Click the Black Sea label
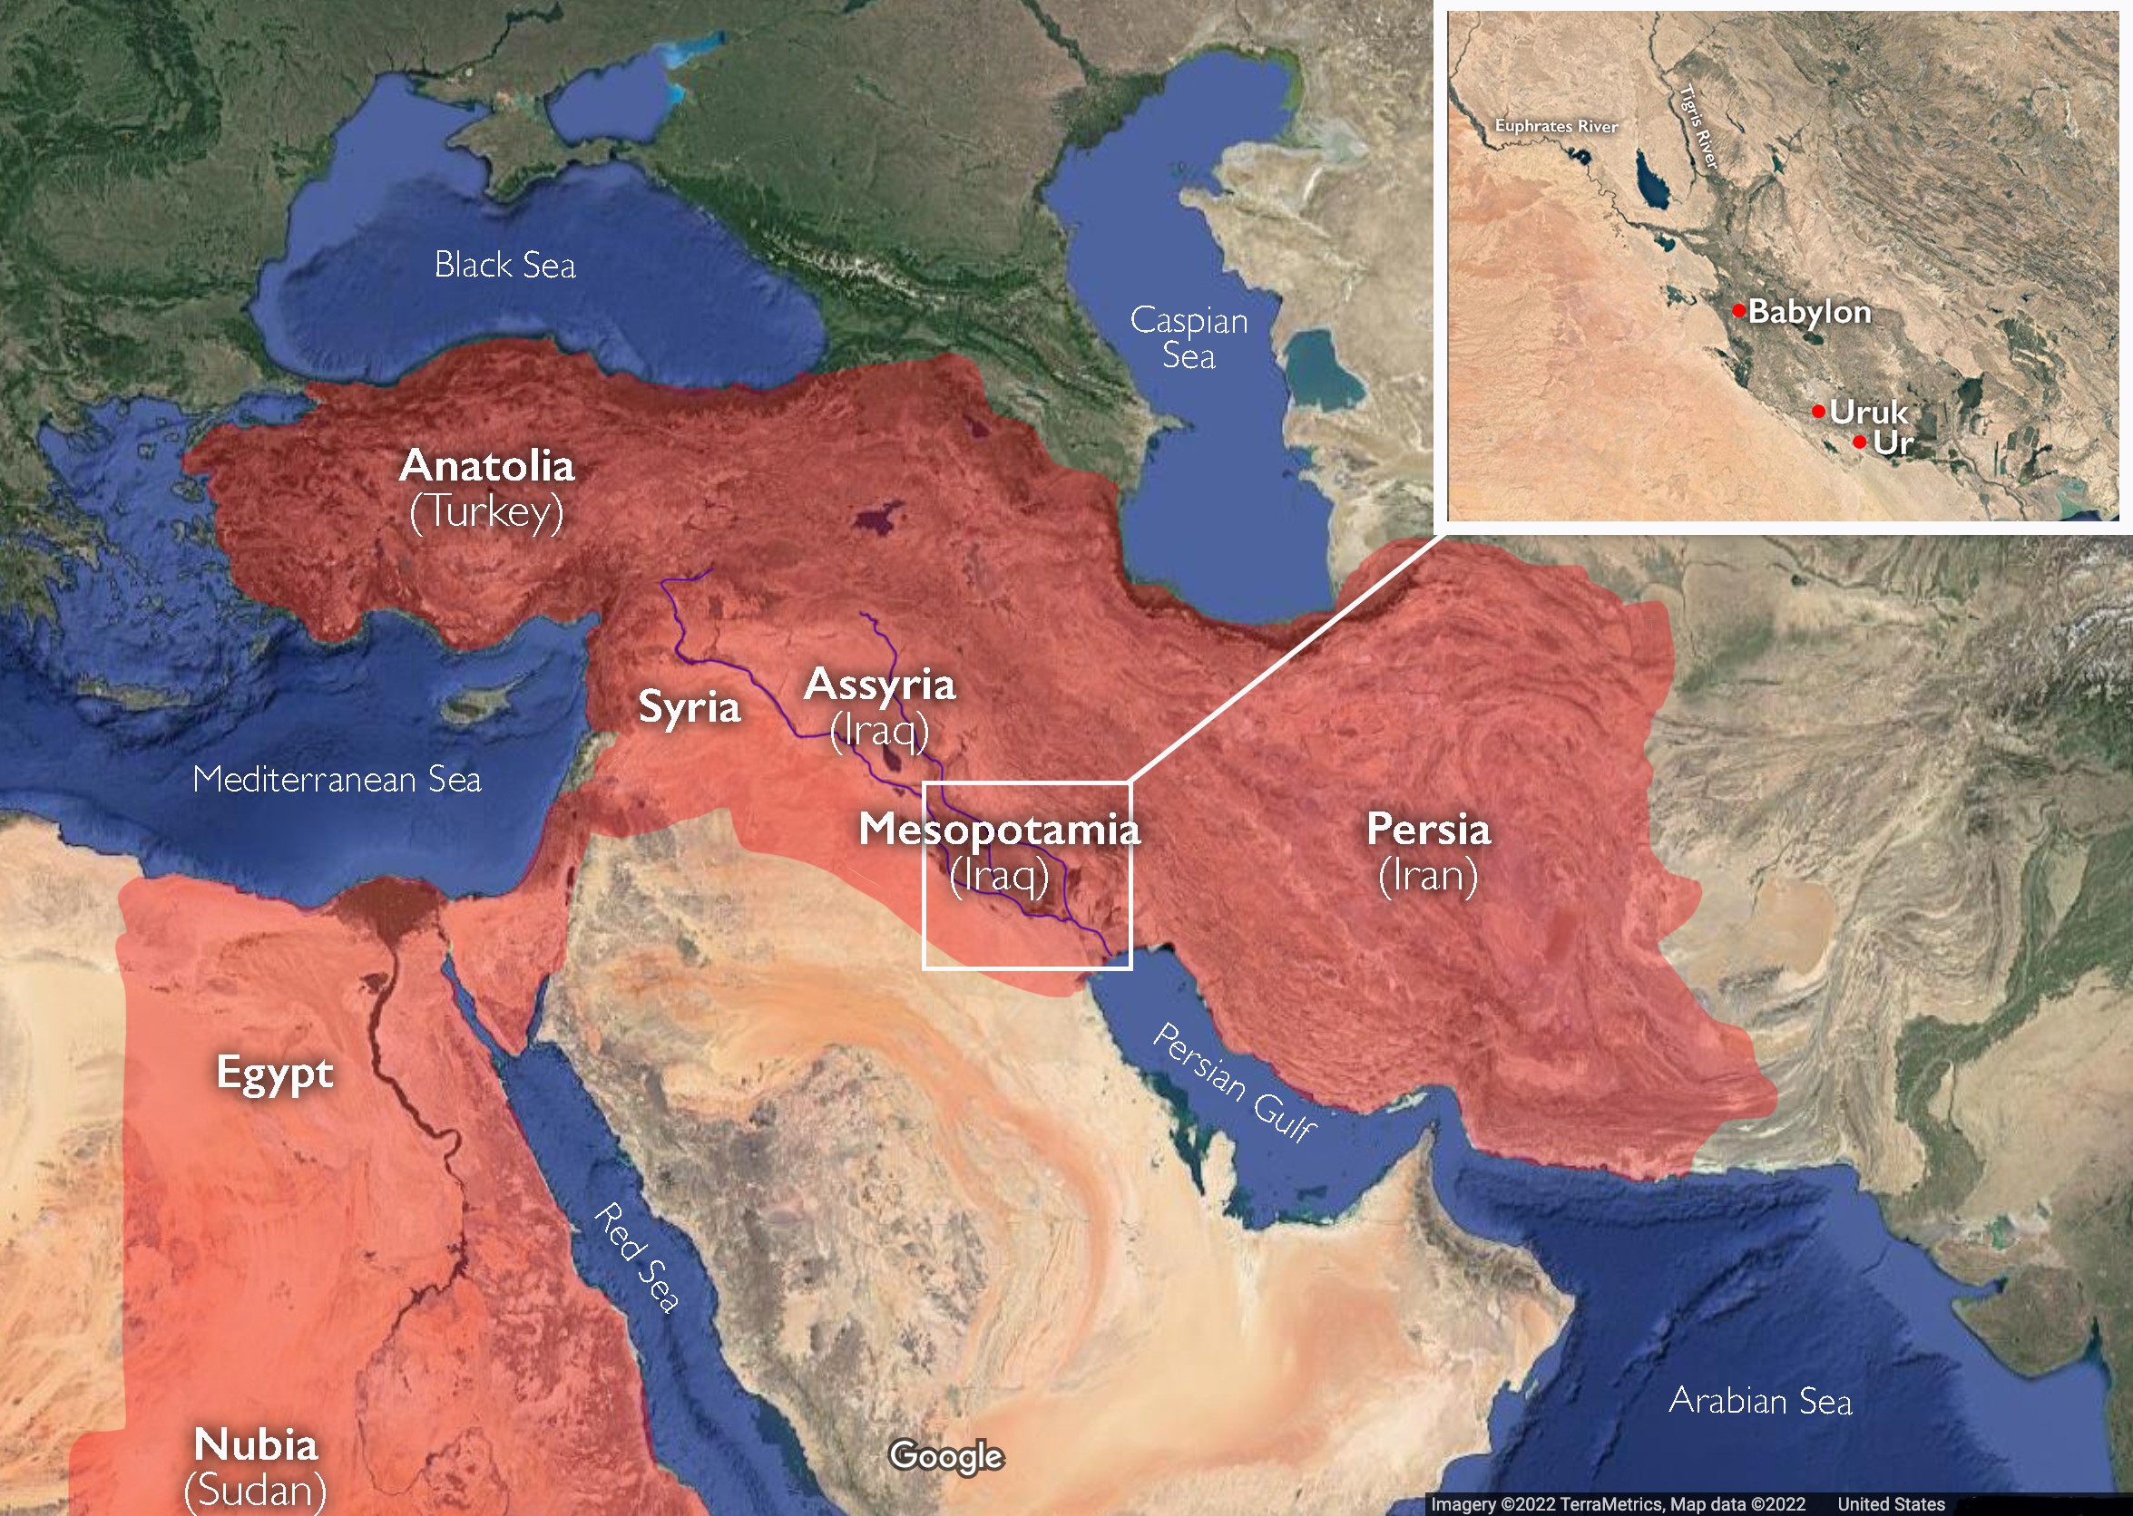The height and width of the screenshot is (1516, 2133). [x=504, y=265]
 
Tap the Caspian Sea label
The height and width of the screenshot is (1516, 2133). [x=1188, y=338]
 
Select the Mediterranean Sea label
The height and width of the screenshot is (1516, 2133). [x=337, y=779]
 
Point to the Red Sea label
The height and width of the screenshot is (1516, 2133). [x=639, y=1258]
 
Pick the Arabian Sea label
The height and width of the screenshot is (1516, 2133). [x=1759, y=1401]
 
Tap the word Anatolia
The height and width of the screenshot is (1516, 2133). [x=486, y=465]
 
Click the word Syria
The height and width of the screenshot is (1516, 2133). [x=690, y=705]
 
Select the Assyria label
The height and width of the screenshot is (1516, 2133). [x=880, y=685]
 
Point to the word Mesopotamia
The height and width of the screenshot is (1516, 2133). [x=998, y=829]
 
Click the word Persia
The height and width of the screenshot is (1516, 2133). [x=1428, y=829]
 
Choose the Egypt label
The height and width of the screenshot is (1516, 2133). [x=275, y=1073]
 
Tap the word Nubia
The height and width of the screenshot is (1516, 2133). [x=256, y=1444]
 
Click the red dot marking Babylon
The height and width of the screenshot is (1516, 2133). [x=1739, y=310]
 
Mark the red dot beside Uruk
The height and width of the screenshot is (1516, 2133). [x=1818, y=411]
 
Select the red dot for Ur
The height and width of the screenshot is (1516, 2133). [x=1859, y=442]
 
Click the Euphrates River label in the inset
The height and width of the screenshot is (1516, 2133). [x=1556, y=126]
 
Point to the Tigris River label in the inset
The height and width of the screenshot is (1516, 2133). [x=1698, y=128]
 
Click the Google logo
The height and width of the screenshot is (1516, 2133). [x=946, y=1456]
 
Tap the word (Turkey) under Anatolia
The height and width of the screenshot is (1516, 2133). [x=486, y=511]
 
